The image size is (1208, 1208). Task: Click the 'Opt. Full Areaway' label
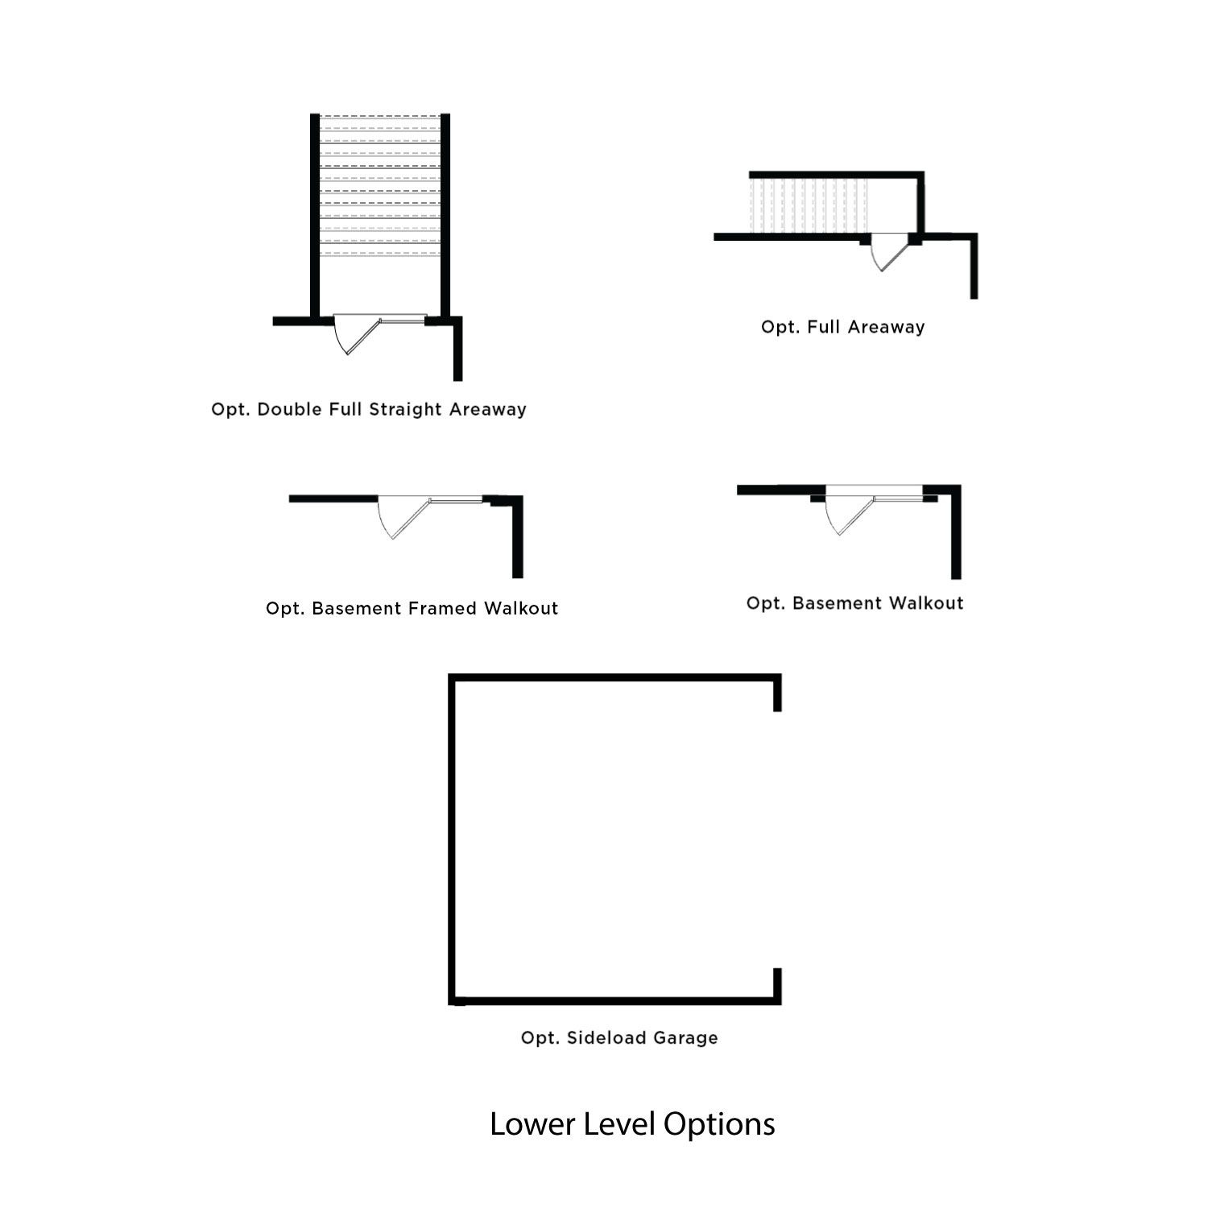(842, 327)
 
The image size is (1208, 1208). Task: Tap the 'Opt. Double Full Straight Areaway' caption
(369, 409)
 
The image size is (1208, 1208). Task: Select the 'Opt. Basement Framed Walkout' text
(412, 608)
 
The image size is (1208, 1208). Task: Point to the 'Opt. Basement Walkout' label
(854, 603)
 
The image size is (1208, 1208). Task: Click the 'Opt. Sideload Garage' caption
(619, 1038)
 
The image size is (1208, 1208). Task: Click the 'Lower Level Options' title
(632, 1124)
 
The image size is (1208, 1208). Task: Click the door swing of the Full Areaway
(886, 251)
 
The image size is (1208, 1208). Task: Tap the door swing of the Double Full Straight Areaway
(354, 333)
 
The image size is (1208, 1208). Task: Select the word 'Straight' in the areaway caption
(405, 409)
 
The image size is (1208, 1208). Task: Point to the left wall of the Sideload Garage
(452, 838)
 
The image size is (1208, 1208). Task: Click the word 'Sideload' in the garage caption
(606, 1038)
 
